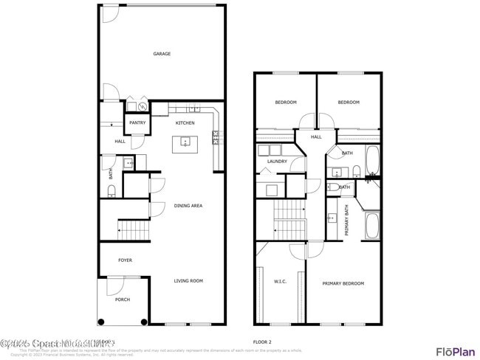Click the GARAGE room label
tap(162, 54)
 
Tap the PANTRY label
tap(137, 123)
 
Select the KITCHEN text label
tap(185, 123)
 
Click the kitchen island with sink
tap(185, 144)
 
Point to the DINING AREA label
tap(188, 206)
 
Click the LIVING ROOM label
tap(188, 281)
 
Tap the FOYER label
tap(125, 260)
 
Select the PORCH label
tap(122, 300)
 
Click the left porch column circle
tap(102, 321)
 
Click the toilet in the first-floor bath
tap(112, 191)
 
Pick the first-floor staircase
tap(134, 229)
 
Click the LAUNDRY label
tap(277, 162)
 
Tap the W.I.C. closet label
tap(280, 281)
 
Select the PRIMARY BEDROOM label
tap(343, 283)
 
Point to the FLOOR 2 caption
tap(263, 342)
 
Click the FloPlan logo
tap(455, 351)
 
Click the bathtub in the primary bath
tap(371, 226)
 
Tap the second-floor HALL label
tap(316, 137)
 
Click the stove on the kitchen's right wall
tap(216, 136)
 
